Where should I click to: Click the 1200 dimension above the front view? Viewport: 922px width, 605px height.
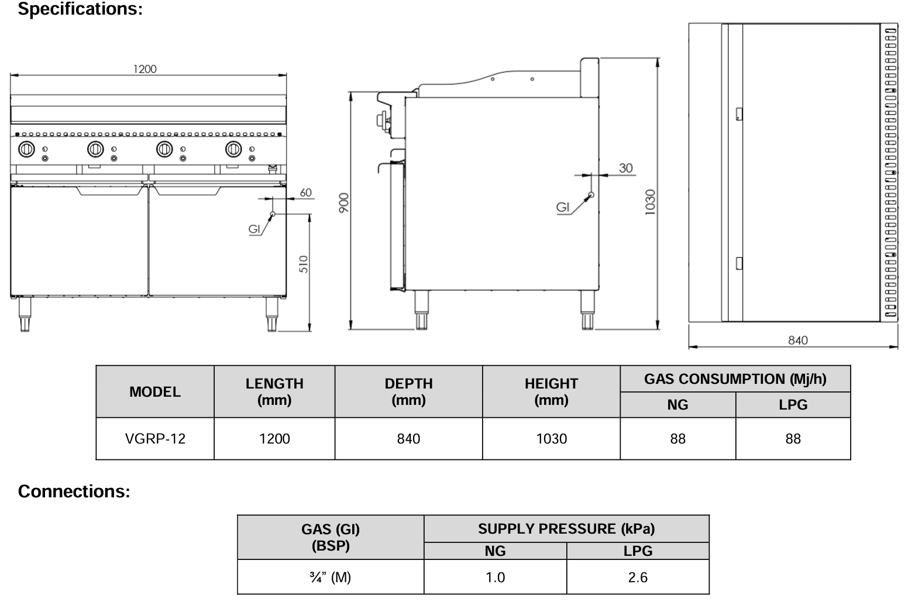click(145, 69)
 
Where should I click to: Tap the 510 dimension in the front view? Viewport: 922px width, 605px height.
click(303, 264)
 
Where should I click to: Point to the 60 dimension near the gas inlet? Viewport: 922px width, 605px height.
click(305, 192)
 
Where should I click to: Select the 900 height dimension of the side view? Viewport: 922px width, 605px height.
click(343, 202)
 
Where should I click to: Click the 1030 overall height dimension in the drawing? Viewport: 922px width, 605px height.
click(650, 202)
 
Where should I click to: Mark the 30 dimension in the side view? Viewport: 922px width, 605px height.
click(625, 168)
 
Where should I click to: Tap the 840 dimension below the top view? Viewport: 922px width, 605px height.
click(797, 340)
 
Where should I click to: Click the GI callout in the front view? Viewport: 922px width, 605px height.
click(254, 229)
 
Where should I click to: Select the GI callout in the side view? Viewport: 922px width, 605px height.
click(562, 207)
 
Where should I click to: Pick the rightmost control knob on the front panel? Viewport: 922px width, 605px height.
click(233, 149)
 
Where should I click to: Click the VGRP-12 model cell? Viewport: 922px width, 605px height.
click(155, 439)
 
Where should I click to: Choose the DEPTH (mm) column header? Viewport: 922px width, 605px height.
click(408, 391)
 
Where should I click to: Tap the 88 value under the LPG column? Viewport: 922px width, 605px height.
click(793, 439)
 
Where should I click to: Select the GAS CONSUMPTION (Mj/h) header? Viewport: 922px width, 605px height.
click(735, 379)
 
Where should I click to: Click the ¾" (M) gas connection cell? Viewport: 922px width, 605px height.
click(331, 577)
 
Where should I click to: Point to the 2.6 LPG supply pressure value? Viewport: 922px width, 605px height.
click(637, 577)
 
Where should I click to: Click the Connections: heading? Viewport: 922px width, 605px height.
click(74, 491)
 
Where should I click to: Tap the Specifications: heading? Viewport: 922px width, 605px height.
click(80, 9)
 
